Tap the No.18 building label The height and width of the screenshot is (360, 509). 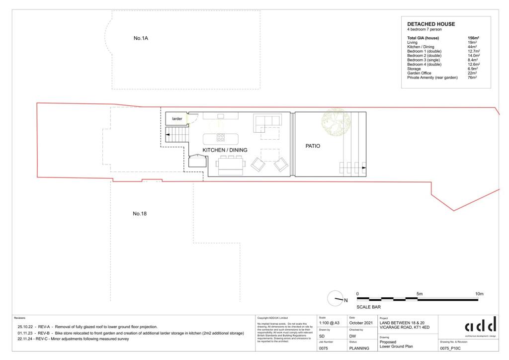click(140, 214)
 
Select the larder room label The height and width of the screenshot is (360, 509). click(177, 119)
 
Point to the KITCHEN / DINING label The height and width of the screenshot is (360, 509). click(225, 150)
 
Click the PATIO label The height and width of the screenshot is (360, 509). click(313, 146)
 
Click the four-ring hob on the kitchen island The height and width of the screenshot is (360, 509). click(220, 138)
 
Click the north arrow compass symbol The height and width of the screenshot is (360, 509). click(336, 298)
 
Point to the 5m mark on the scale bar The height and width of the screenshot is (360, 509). click(420, 294)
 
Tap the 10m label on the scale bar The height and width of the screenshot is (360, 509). click(479, 294)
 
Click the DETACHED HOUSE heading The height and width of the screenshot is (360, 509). click(431, 24)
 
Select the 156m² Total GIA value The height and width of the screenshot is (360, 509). click(473, 38)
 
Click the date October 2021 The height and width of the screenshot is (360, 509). click(361, 323)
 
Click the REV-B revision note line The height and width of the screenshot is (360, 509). click(130, 333)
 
